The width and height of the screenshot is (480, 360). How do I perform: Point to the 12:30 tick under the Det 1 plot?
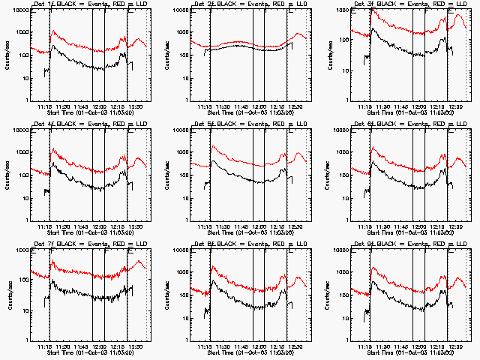138,107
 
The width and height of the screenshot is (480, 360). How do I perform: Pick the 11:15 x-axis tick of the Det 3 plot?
364,107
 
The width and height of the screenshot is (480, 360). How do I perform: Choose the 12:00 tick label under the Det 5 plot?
259,226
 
